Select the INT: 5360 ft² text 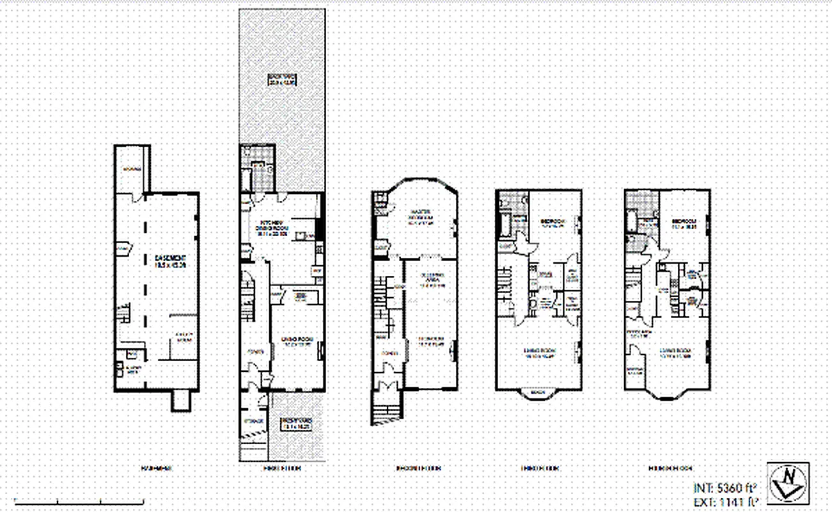pyautogui.click(x=726, y=488)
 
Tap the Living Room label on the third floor pyautogui.click(x=539, y=353)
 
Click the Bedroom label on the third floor pyautogui.click(x=553, y=223)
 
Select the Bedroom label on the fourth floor pyautogui.click(x=683, y=223)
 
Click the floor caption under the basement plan pyautogui.click(x=155, y=468)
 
